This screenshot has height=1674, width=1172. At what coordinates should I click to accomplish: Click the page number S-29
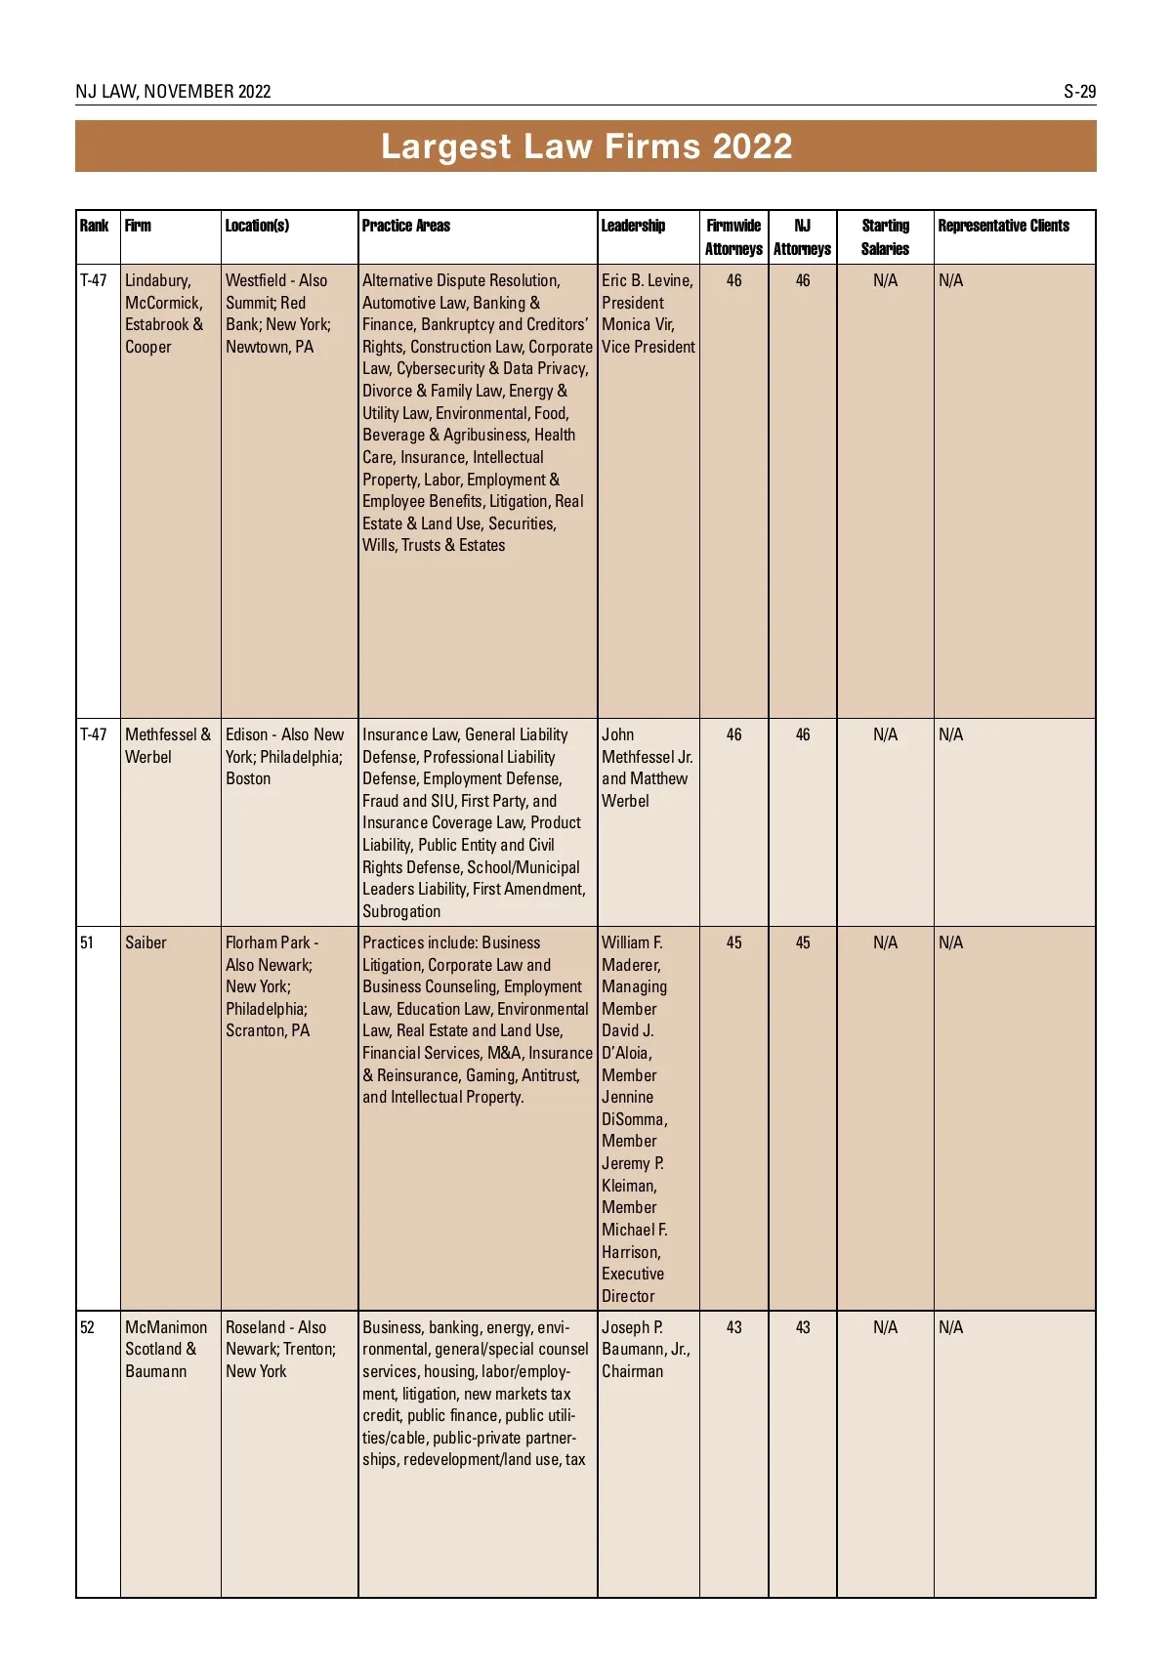point(1079,92)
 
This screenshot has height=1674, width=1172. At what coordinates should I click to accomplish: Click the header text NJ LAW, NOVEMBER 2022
point(173,92)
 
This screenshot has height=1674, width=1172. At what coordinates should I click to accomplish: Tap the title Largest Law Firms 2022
point(586,146)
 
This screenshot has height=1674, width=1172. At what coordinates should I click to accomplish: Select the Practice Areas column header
point(406,226)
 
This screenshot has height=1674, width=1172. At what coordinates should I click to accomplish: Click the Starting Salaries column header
point(885,236)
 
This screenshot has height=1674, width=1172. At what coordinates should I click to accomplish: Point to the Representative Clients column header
point(1003,226)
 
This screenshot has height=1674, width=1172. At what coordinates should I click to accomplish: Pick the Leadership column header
point(633,226)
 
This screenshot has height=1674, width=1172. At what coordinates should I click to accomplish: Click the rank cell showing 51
point(87,942)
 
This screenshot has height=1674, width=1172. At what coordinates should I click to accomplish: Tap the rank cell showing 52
point(87,1327)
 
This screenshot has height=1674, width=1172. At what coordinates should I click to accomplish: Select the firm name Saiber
point(146,942)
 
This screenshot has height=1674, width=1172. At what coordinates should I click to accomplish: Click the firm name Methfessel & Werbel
point(167,745)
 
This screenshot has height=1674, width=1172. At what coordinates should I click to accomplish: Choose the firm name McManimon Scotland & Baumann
point(165,1349)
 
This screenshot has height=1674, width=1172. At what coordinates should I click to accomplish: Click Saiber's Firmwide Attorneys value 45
point(733,942)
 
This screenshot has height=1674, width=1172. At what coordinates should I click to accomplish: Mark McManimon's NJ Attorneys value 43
point(802,1327)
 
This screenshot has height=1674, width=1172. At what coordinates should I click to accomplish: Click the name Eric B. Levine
point(647,280)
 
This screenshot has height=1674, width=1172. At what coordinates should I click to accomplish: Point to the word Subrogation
point(401,911)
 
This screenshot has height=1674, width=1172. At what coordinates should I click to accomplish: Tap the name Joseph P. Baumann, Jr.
point(645,1338)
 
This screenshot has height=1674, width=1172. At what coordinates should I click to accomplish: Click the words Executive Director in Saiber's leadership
point(632,1284)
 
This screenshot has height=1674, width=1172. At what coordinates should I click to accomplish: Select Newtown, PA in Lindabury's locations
point(270,347)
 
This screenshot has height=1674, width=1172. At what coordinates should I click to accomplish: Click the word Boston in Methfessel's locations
point(248,778)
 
